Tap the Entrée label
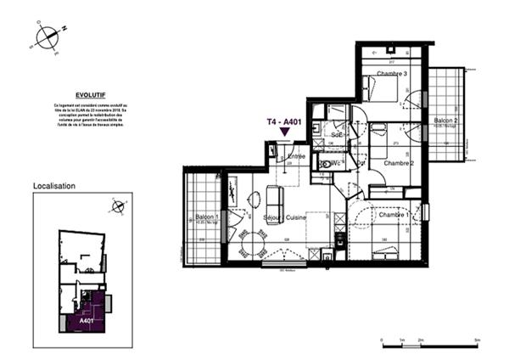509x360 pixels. click(x=297, y=156)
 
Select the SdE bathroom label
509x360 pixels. click(x=338, y=135)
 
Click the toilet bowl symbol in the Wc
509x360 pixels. click(x=325, y=163)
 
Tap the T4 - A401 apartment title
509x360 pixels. click(x=283, y=122)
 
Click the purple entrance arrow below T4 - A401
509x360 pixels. click(x=284, y=133)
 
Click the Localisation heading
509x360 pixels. click(x=54, y=185)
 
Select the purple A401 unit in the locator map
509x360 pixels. click(x=87, y=316)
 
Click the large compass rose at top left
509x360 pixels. click(x=48, y=37)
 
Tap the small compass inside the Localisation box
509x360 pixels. click(x=118, y=206)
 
